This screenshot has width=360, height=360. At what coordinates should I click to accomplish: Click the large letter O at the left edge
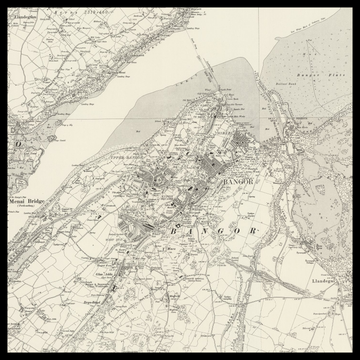[17, 143]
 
